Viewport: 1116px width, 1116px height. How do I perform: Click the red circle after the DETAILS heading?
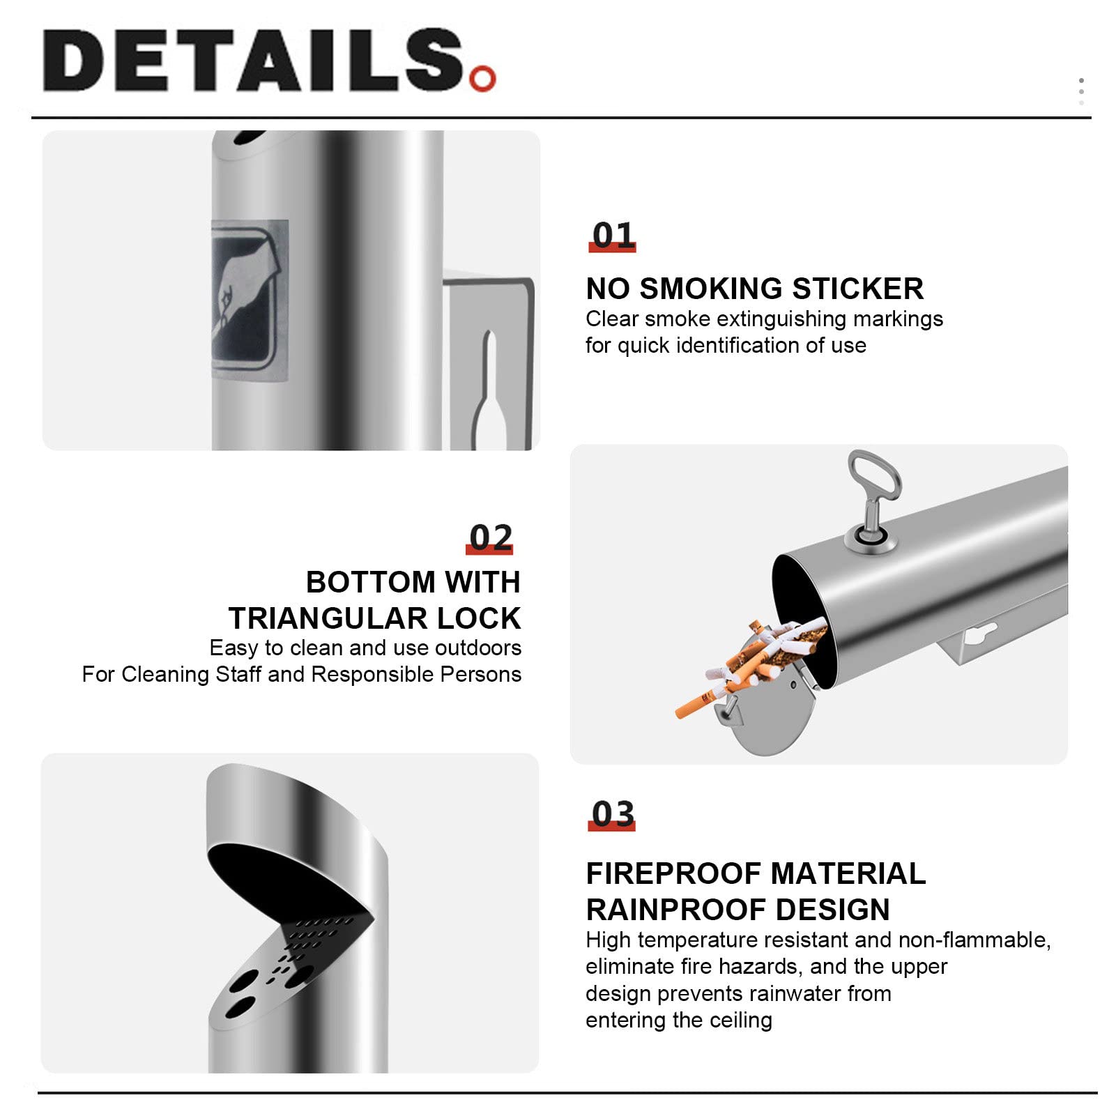pos(482,78)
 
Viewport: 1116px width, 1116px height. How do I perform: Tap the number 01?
pos(613,235)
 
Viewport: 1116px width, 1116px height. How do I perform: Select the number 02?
pos(491,537)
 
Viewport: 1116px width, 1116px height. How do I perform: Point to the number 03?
pos(613,813)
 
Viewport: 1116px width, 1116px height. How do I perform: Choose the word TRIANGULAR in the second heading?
pos(327,618)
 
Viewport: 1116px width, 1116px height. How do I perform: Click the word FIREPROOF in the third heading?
pos(673,873)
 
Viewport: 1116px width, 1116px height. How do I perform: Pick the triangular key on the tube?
pos(874,499)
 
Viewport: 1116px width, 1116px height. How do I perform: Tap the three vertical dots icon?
pos(1081,91)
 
